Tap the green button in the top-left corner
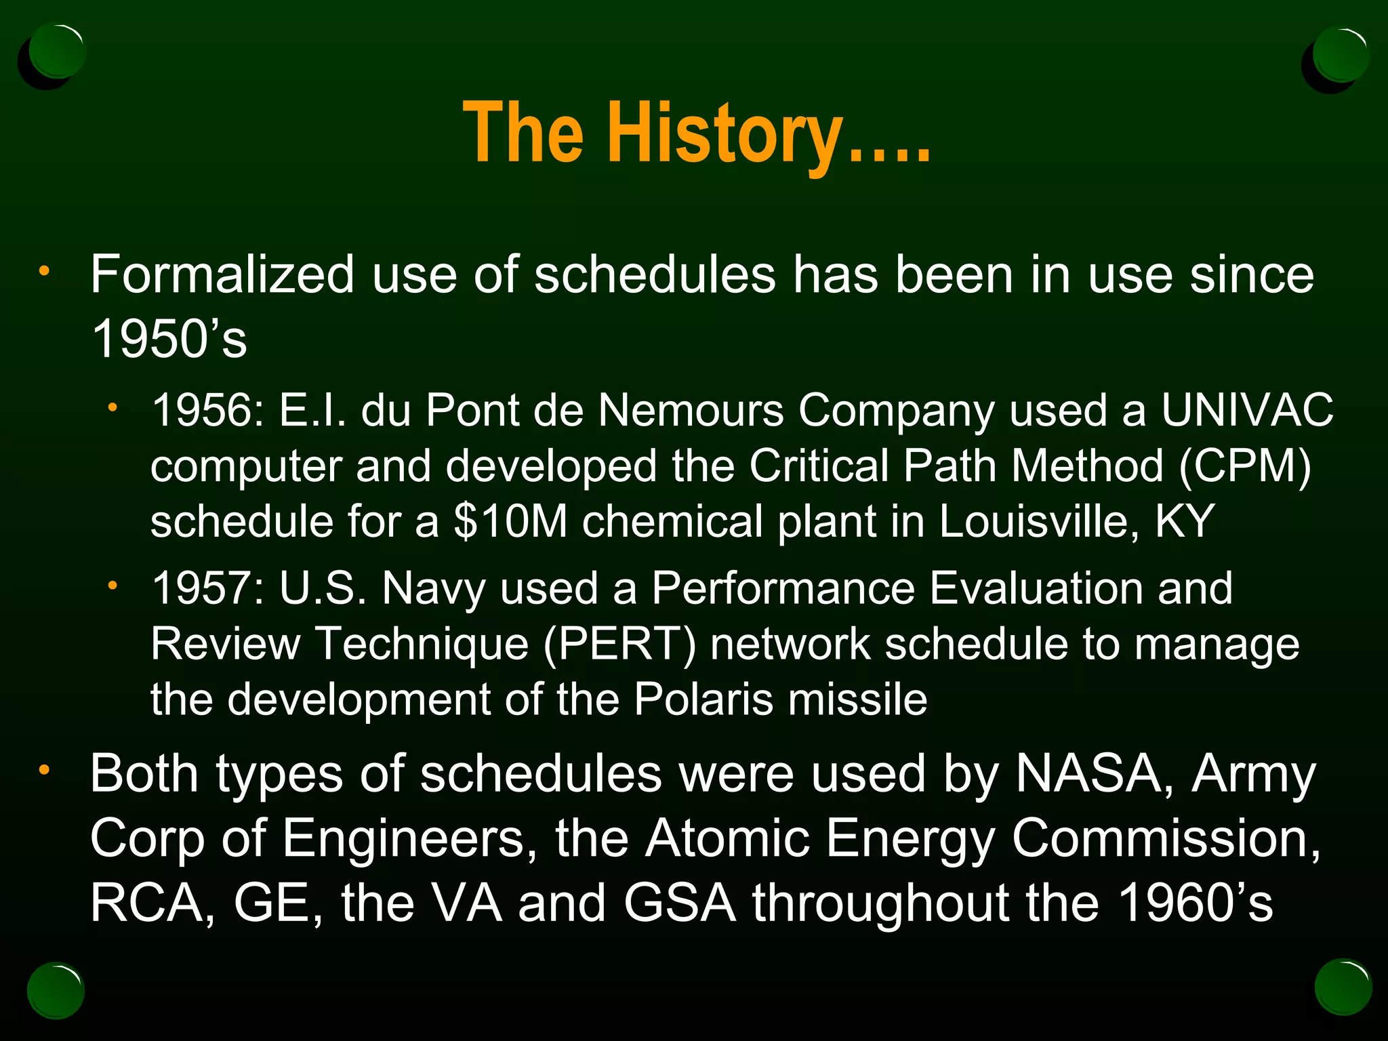pyautogui.click(x=57, y=52)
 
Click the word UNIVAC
pyautogui.click(x=1247, y=411)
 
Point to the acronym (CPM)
pyautogui.click(x=1245, y=466)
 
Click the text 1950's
pyautogui.click(x=169, y=339)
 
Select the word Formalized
pyautogui.click(x=223, y=274)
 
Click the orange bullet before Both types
pyautogui.click(x=44, y=771)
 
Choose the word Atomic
pyautogui.click(x=727, y=839)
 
